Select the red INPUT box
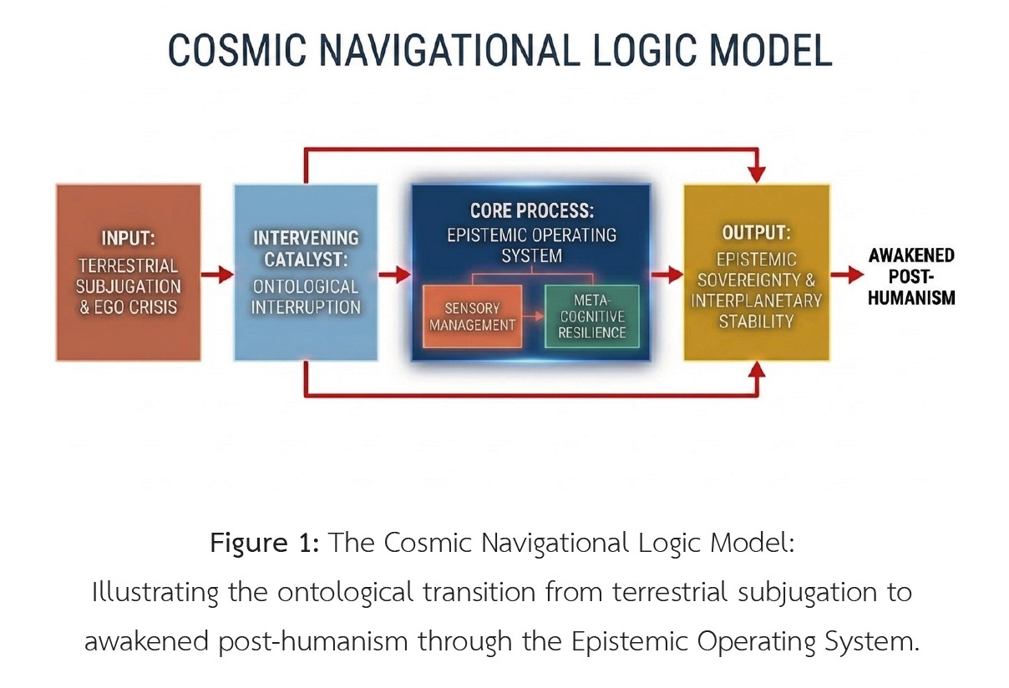[129, 272]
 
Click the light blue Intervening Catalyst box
[307, 272]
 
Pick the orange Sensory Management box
[472, 316]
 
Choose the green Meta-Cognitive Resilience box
[591, 316]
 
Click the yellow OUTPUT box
[757, 272]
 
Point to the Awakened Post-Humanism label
[911, 276]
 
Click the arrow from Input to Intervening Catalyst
[217, 274]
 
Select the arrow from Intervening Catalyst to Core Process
[394, 274]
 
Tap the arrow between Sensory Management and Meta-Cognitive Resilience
[533, 318]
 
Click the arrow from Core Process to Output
[667, 274]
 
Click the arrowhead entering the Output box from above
[757, 174]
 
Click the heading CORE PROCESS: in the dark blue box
[530, 210]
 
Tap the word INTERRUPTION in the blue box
[307, 306]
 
